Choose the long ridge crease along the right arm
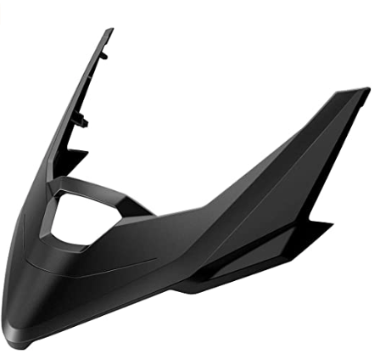[271, 161]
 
